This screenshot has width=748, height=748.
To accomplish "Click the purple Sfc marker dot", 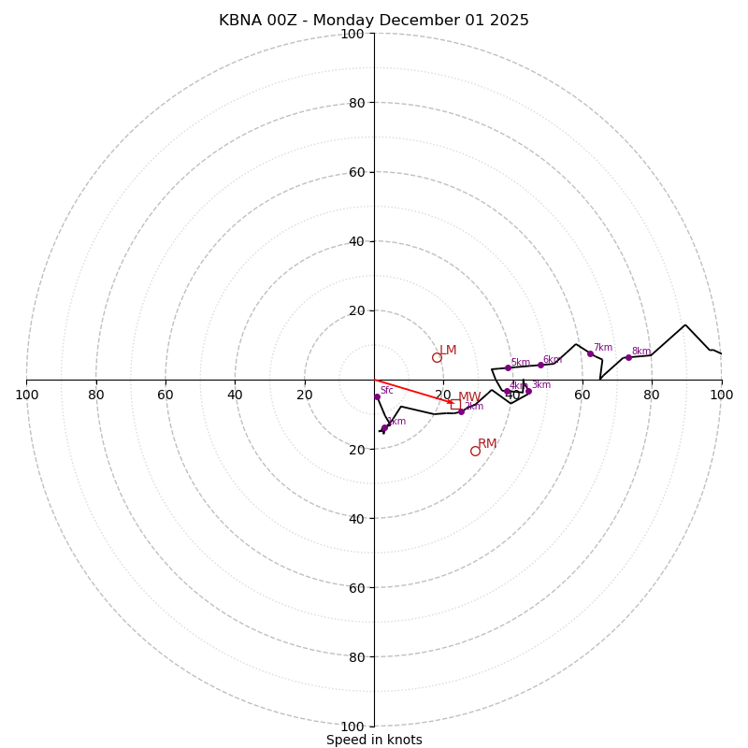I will pos(377,397).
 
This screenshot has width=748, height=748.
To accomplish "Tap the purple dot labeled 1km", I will pos(384,428).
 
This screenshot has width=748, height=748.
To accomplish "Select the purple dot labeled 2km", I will pos(461,411).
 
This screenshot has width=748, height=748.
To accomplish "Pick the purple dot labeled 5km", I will pos(508,367).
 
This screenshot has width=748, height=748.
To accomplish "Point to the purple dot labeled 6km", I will pos(540,365).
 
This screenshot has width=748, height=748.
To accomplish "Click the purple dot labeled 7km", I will pos(590,353).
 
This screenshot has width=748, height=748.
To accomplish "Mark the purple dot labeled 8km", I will pos(628,357).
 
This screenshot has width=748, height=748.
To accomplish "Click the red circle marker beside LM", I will pos(437,358).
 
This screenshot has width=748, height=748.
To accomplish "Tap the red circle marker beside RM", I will pos(475,452).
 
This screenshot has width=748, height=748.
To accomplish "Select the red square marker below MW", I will pos(455,405).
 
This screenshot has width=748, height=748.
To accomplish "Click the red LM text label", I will pos(448,351).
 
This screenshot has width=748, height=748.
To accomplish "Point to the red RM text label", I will pos(487,444).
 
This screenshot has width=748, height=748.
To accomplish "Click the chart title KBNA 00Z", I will pos(374,21).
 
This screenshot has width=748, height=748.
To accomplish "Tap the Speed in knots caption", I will pos(374,741).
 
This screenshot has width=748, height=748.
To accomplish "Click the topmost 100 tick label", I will pos(352,34).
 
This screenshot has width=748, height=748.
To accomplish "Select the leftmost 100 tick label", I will pos(26,395).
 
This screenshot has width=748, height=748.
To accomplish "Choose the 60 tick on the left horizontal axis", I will pos(165,395).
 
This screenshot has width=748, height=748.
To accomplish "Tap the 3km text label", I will pos(541,385).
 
